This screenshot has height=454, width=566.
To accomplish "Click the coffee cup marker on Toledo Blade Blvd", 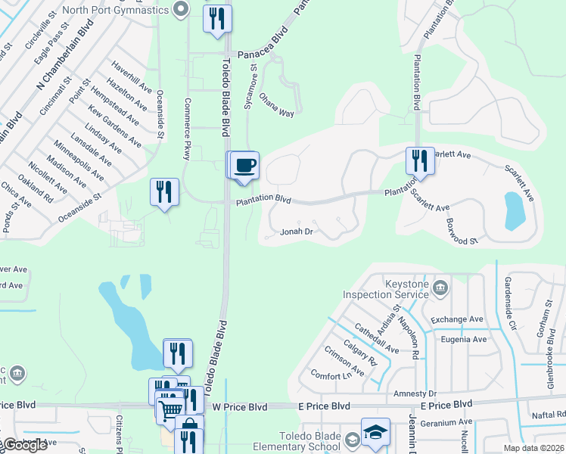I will tap(244, 166).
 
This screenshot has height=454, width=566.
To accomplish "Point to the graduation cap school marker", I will tap(375, 432).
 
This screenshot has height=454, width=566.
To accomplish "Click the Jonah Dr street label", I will tap(297, 232).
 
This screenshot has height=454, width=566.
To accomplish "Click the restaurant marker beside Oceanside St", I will tap(164, 192).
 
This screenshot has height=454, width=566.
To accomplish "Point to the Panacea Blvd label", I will tap(260, 54).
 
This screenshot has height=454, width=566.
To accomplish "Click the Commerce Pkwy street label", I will tap(187, 128).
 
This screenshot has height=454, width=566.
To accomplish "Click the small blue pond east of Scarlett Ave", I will tap(515, 210).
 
